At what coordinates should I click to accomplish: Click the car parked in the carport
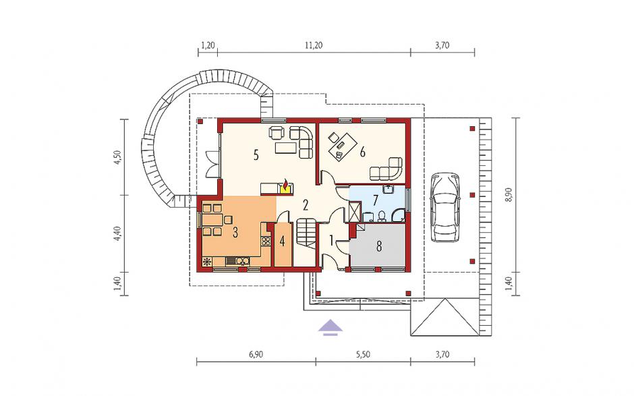coord(445,207)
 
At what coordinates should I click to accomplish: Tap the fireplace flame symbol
coord(286,187)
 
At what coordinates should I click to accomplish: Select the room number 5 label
coord(256,155)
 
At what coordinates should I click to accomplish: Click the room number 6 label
coord(362,152)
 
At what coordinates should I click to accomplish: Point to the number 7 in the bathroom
coord(375,200)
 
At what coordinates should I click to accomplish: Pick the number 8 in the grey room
coord(379,246)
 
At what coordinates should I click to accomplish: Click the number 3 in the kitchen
coord(235,232)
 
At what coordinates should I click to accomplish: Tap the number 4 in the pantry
coord(282,242)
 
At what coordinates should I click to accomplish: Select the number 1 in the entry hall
coord(332,242)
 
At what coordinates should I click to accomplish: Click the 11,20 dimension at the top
coord(314,45)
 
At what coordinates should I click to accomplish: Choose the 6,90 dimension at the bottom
coord(256,355)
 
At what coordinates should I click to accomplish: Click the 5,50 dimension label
coord(363,355)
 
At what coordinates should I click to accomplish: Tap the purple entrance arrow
coord(330,327)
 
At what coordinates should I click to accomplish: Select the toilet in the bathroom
coord(381,217)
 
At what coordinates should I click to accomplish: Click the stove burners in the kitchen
coord(266,242)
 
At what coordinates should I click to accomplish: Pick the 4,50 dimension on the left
coord(117,157)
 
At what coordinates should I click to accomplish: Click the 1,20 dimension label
coord(208,45)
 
